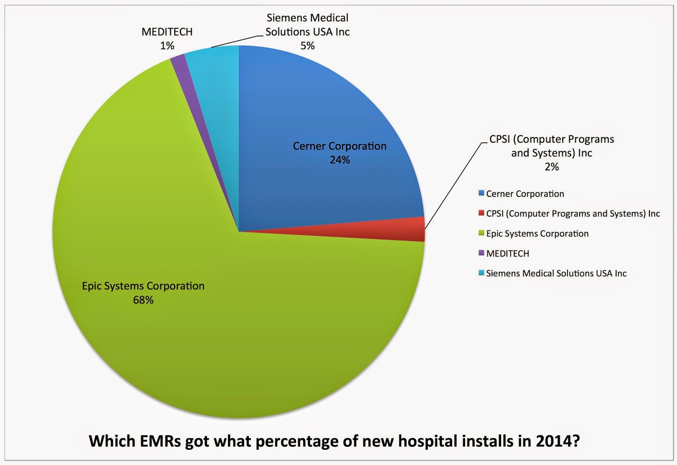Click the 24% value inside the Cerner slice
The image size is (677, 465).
[340, 160]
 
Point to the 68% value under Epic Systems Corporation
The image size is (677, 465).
[143, 300]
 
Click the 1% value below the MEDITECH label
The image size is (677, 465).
[167, 46]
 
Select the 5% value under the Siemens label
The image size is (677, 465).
[308, 46]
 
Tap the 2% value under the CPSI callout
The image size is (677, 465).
[552, 167]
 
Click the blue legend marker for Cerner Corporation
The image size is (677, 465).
[481, 193]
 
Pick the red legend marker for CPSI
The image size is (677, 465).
[481, 213]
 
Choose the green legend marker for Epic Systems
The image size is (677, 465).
[481, 233]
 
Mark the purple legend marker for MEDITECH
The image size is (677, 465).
[481, 253]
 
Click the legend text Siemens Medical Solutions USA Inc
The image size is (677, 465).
[556, 274]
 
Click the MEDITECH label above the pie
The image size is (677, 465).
[167, 32]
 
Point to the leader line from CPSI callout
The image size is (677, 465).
[453, 186]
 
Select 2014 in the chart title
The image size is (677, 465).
[553, 441]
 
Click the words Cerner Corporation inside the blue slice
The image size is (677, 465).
[340, 146]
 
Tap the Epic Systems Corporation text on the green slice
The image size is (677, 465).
[143, 286]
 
